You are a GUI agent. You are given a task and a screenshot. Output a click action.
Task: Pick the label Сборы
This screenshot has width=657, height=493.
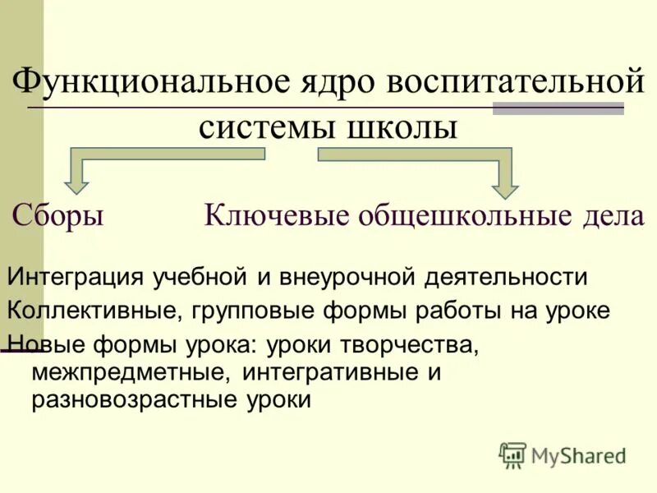(x=57, y=215)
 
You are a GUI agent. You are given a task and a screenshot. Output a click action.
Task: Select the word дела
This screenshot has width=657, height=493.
(x=610, y=215)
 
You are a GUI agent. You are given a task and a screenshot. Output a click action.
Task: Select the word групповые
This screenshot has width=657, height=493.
(x=246, y=311)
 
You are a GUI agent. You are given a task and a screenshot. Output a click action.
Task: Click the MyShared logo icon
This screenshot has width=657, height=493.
(x=512, y=454)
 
